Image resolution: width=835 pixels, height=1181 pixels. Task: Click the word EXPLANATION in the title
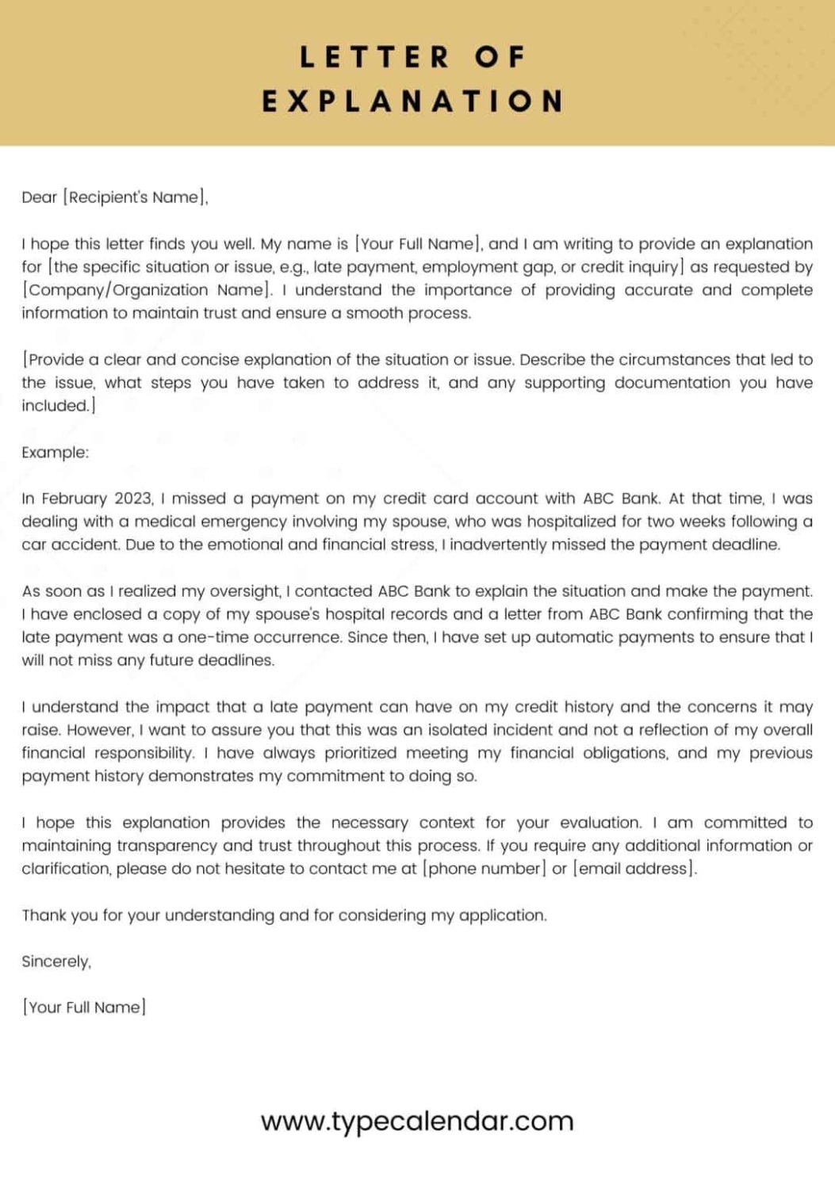(x=412, y=101)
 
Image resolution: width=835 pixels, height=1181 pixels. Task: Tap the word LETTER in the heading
(x=374, y=57)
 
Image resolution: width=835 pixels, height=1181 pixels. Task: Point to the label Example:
(x=56, y=453)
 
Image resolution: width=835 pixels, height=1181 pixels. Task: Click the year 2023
(x=133, y=499)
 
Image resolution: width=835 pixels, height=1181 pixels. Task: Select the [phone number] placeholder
(x=485, y=869)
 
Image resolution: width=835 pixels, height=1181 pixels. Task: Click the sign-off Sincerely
(x=56, y=961)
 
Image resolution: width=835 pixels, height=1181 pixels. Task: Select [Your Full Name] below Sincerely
(x=84, y=1007)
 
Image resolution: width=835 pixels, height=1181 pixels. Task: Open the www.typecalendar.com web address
(x=417, y=1121)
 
